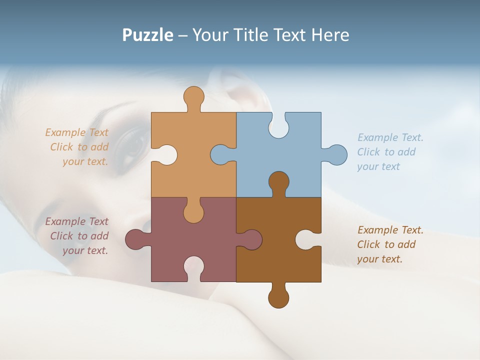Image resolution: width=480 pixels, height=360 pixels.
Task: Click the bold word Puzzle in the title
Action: tap(148, 35)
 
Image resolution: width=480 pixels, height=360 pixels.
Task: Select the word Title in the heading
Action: tap(254, 35)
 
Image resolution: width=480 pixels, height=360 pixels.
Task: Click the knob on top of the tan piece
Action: tap(193, 97)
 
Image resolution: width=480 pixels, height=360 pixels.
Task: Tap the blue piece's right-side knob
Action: tap(336, 154)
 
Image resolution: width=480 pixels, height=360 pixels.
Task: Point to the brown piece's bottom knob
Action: tap(278, 297)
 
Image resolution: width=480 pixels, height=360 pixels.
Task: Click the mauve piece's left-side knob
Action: tap(136, 239)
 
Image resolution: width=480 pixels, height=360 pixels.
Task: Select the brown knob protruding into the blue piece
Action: tap(278, 182)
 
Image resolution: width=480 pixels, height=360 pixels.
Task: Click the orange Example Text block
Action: tap(77, 147)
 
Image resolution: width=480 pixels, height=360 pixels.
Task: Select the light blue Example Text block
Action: tap(390, 152)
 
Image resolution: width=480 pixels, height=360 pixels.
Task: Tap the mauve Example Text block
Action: tap(77, 236)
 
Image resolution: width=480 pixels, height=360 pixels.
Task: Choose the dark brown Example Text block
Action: tap(390, 244)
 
